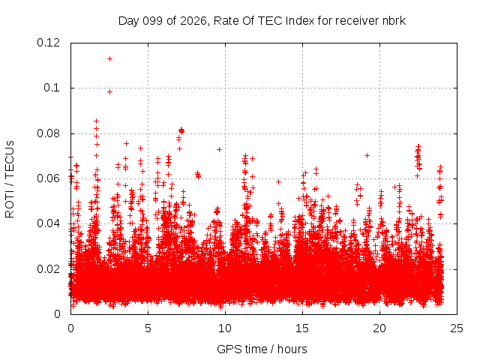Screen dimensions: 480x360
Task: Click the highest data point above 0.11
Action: point(109,58)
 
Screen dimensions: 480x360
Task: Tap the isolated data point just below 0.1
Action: point(109,91)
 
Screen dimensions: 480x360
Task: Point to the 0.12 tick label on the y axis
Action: point(48,43)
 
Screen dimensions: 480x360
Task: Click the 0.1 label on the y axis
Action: point(52,88)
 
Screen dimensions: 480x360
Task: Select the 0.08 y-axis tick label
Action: point(48,133)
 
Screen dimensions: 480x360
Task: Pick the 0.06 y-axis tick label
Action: point(48,178)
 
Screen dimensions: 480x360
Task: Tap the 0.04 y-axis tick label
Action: point(48,223)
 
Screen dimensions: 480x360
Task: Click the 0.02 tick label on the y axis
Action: point(48,269)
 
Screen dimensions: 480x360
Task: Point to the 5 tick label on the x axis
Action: point(148,328)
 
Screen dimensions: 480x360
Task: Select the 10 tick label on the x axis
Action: point(225,328)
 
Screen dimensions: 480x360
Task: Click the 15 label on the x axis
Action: point(302,328)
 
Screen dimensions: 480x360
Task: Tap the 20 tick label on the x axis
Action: point(379,328)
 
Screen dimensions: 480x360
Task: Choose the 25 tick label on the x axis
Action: point(457,328)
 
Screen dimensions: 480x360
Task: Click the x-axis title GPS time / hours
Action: point(262,349)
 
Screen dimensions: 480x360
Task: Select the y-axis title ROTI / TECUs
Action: point(10,179)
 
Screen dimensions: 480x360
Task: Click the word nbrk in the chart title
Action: point(394,21)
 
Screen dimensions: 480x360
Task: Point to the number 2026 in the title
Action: point(193,21)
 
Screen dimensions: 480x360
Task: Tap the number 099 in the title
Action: point(152,21)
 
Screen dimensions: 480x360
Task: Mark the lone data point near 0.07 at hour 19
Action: point(367,155)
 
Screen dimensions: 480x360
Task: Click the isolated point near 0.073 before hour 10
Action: point(219,149)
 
